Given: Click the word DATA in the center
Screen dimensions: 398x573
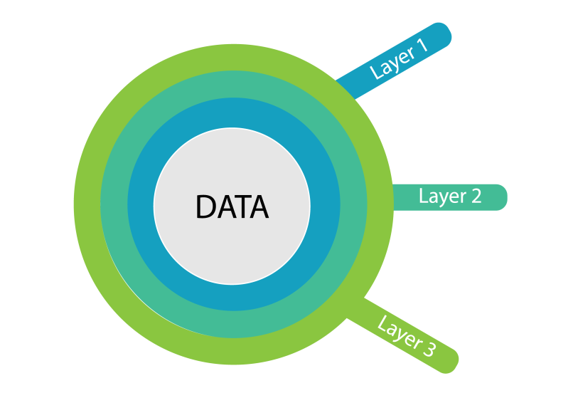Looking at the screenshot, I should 232,207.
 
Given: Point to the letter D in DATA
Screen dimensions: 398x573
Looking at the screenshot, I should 205,207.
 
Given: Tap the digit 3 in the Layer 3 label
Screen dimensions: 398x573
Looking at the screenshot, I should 429,348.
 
